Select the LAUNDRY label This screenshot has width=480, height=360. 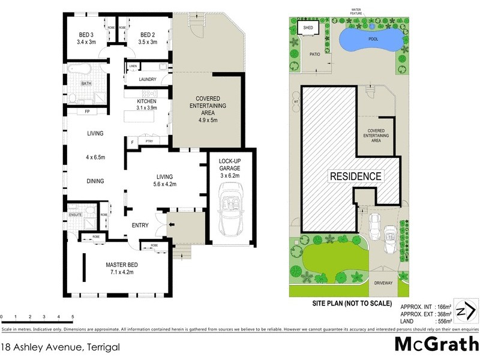click(x=147, y=79)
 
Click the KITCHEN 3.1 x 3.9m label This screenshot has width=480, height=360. click(x=147, y=104)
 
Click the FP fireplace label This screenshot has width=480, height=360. click(x=87, y=112)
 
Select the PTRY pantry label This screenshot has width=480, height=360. click(x=149, y=141)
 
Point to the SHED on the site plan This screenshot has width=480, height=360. click(x=308, y=28)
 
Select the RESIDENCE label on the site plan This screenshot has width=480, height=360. click(x=355, y=176)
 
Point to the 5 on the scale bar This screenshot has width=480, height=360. click(x=73, y=316)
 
